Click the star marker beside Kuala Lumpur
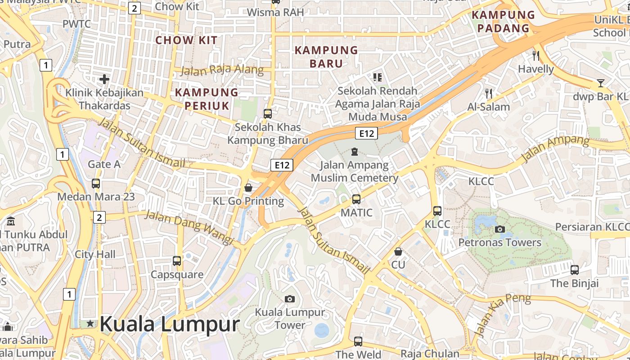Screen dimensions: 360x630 (90, 323)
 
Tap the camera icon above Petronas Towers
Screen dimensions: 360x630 (499, 229)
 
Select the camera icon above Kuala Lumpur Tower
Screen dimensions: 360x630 (290, 299)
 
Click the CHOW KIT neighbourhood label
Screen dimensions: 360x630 (186, 40)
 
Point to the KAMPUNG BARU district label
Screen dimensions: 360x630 (326, 57)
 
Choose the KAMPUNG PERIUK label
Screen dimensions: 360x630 (207, 99)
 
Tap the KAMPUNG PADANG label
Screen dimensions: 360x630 (503, 21)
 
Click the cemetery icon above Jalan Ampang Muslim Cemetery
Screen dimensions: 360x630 (355, 151)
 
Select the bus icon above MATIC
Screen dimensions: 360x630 (356, 198)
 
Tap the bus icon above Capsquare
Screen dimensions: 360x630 (177, 261)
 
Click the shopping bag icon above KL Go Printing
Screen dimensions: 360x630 (248, 187)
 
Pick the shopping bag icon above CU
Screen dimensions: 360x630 (398, 251)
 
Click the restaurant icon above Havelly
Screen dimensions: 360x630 (535, 55)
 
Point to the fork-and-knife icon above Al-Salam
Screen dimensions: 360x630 (489, 93)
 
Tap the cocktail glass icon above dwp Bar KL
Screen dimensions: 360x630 (600, 83)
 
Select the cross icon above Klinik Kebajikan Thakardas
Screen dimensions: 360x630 (104, 80)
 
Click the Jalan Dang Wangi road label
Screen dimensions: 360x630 (189, 228)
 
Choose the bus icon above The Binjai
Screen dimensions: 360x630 (575, 270)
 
